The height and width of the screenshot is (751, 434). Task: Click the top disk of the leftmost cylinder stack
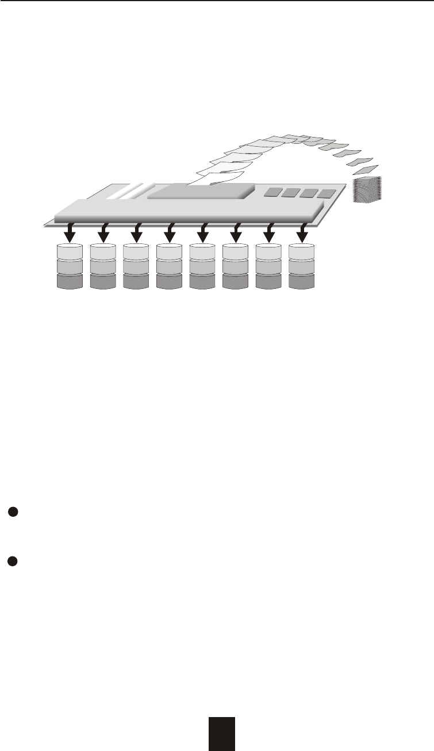coord(70,251)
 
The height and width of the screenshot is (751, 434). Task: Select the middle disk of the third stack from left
coord(136,266)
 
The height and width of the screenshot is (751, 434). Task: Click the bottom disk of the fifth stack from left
coord(202,280)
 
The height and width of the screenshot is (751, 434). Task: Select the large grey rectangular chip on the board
coord(201,192)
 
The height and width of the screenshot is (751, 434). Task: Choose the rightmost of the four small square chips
coord(329,194)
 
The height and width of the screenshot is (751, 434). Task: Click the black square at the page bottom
coord(222,733)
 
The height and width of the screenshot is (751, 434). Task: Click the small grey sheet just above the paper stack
coord(366,170)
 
